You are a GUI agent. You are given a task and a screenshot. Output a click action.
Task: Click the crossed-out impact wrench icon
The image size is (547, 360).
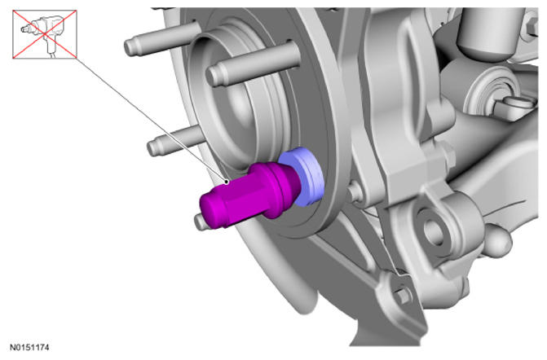(x=45, y=34)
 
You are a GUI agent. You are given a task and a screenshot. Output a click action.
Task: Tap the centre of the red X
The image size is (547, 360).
(x=45, y=34)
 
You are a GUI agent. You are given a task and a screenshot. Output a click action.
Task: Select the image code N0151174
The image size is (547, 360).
(x=29, y=348)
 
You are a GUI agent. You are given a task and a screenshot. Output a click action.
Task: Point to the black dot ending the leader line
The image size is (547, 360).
(x=227, y=182)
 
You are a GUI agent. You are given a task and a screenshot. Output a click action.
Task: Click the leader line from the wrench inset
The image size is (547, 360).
(x=152, y=120)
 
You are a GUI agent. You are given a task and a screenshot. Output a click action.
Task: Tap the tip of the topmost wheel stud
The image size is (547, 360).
(x=130, y=47)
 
